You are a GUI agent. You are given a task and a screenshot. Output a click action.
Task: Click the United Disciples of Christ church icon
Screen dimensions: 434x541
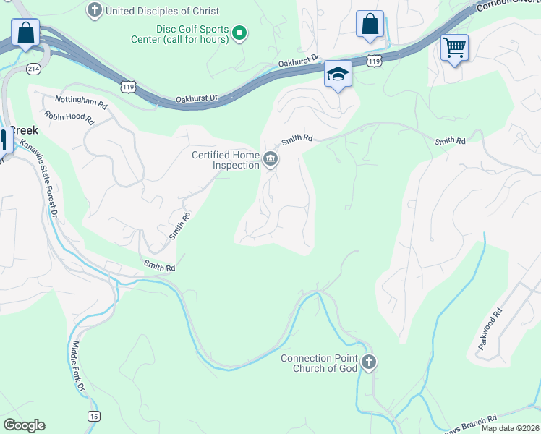pos(95,11)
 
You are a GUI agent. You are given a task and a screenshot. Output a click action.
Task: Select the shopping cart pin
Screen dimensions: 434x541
pos(454,48)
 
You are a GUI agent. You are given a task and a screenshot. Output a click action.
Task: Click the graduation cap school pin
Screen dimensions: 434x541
pos(338,74)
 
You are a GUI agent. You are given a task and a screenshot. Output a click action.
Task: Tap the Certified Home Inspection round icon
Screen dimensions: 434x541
pos(270,159)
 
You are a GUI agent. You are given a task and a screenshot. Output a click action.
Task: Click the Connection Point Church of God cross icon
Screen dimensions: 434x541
pos(369,362)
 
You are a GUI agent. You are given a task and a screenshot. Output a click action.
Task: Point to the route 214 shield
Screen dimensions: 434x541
pos(33,68)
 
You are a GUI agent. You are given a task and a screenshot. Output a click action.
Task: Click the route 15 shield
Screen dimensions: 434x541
pos(93,416)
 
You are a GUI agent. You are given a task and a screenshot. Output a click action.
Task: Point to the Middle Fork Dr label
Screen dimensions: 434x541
pos(77,368)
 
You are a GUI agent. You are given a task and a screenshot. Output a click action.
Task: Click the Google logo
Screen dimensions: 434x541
pos(24,425)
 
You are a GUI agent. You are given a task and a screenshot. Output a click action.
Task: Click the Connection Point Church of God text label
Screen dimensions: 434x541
pos(319,363)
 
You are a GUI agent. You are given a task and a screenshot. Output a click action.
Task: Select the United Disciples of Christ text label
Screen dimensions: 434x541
pos(162,11)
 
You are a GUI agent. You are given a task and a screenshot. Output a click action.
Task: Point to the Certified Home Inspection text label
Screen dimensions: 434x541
pos(225,160)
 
